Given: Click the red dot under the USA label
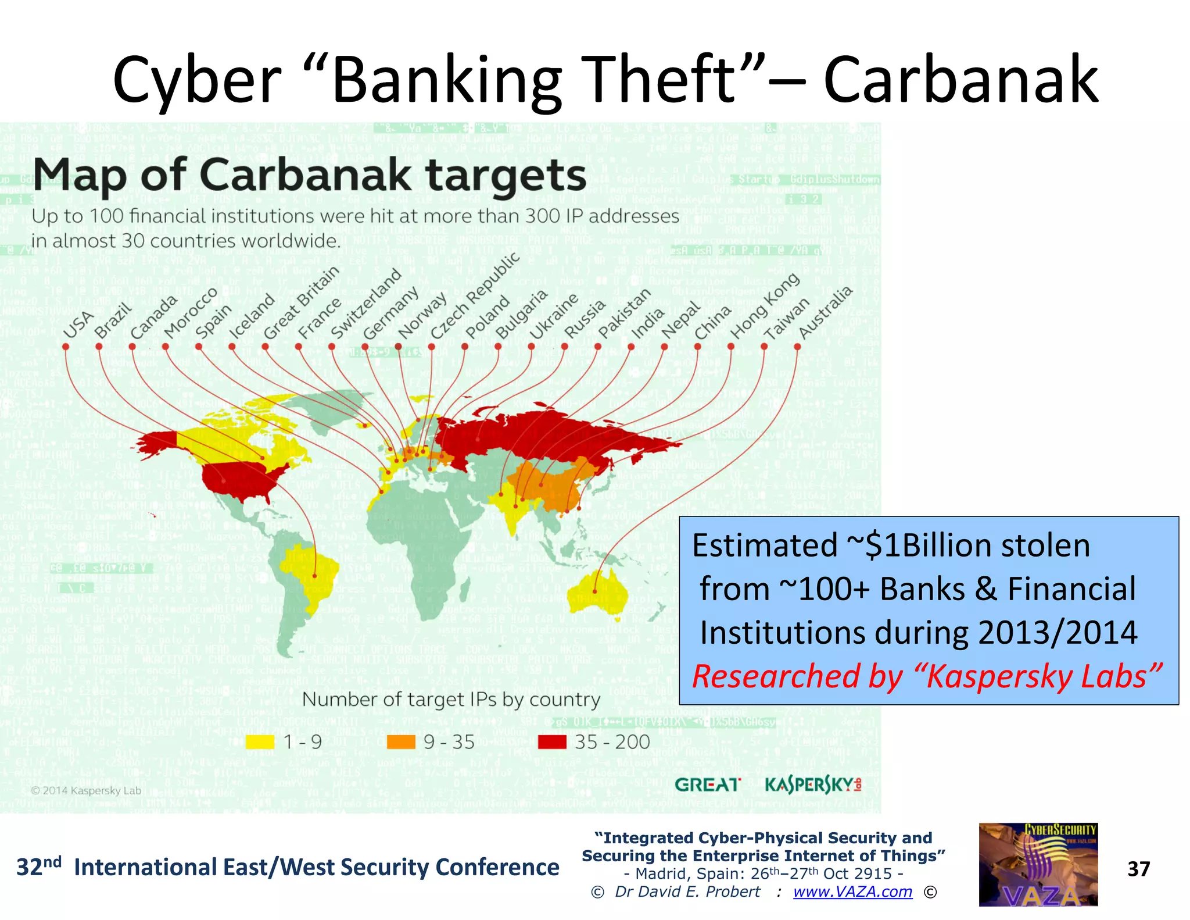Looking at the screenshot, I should pyautogui.click(x=66, y=347).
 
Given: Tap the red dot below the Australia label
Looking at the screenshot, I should pyautogui.click(x=797, y=347).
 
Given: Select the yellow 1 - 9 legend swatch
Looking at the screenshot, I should pyautogui.click(x=260, y=742).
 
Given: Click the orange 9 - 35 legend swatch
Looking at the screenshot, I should pyautogui.click(x=401, y=742).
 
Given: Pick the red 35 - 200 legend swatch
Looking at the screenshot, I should pyautogui.click(x=552, y=742).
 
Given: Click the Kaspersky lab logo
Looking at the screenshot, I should pyautogui.click(x=813, y=785).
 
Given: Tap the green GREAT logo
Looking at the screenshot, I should pyautogui.click(x=708, y=785).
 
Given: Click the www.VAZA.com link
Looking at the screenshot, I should pyautogui.click(x=852, y=892).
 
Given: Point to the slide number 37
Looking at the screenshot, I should pyautogui.click(x=1138, y=869).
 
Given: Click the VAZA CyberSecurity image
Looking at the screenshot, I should pyautogui.click(x=1038, y=864).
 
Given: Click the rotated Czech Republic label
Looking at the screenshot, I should pyautogui.click(x=475, y=296).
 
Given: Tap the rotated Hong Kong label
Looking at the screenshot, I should pyautogui.click(x=765, y=306).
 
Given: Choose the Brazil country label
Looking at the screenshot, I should pyautogui.click(x=113, y=321).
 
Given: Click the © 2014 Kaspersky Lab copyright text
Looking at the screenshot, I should pyautogui.click(x=86, y=790).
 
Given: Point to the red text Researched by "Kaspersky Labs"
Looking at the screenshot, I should pyautogui.click(x=927, y=676).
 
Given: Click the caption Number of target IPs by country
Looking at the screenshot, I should pyautogui.click(x=451, y=699).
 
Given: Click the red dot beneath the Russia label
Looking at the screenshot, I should pyautogui.click(x=564, y=347).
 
